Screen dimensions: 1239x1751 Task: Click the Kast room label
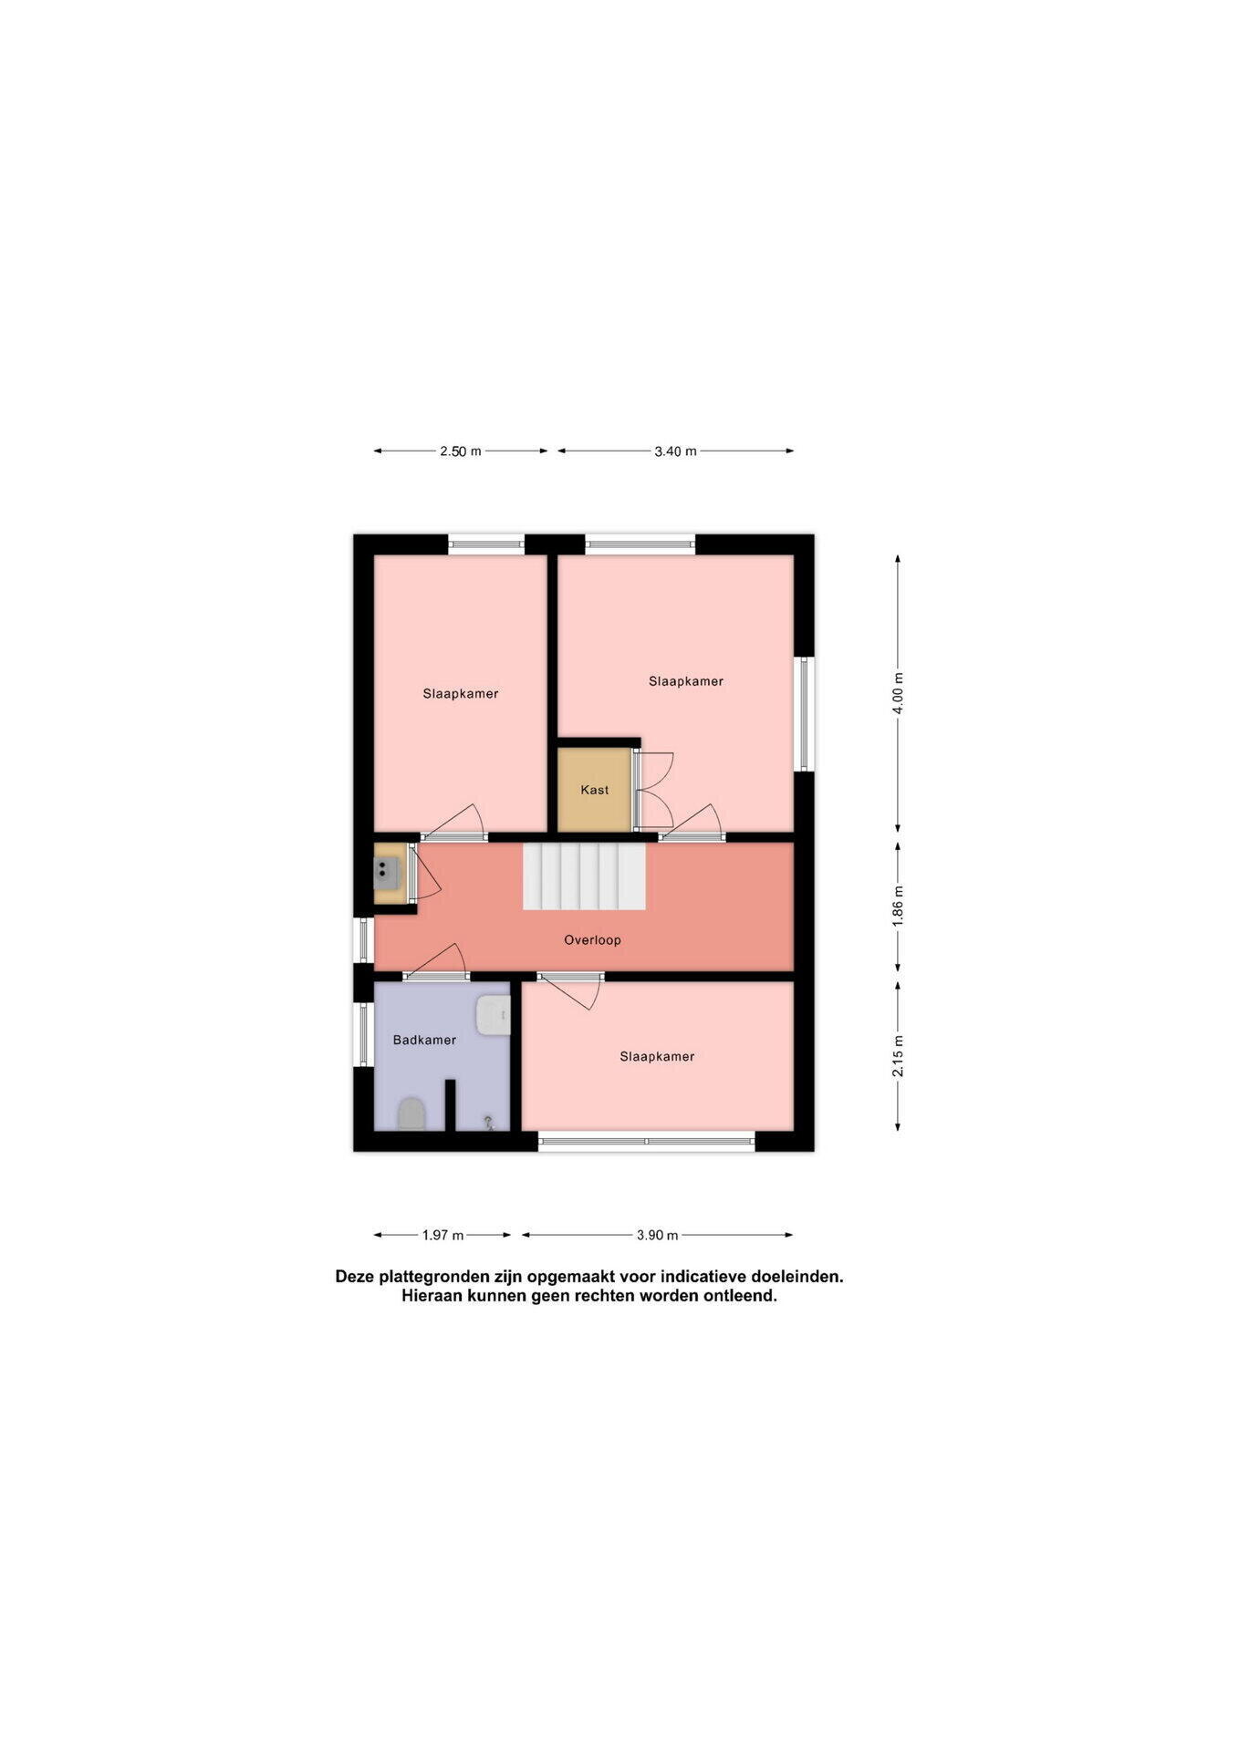(594, 790)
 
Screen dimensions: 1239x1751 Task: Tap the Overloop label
(592, 940)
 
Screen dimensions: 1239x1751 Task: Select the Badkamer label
(424, 1040)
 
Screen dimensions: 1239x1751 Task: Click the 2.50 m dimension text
(461, 451)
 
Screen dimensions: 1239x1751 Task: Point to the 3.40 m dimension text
(675, 451)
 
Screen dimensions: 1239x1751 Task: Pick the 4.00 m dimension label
(898, 693)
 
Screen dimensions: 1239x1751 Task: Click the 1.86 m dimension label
(898, 907)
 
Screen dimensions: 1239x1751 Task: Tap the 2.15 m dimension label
(898, 1056)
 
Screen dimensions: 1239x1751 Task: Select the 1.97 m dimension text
(442, 1236)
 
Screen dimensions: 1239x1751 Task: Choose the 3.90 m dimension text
(657, 1236)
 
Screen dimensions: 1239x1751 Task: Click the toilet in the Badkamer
(411, 1114)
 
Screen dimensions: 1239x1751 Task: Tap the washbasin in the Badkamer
(493, 1015)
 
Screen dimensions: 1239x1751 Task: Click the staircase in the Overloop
(584, 876)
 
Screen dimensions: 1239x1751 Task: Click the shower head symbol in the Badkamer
(489, 1123)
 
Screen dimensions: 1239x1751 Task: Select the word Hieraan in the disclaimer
(432, 1296)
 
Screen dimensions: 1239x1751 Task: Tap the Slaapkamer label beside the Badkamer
(657, 1057)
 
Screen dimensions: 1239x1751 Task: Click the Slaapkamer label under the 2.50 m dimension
(461, 694)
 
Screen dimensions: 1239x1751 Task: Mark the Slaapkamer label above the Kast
(686, 681)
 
